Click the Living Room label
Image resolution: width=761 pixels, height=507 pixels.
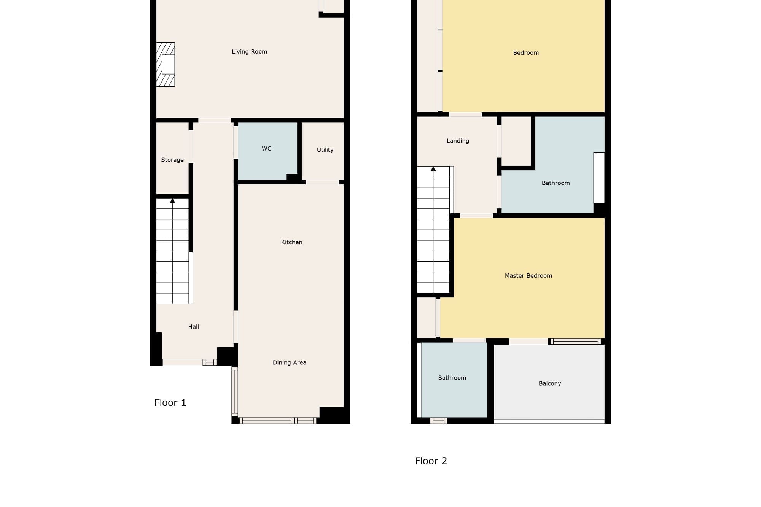pyautogui.click(x=249, y=52)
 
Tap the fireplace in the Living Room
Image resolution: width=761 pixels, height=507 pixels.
pyautogui.click(x=166, y=64)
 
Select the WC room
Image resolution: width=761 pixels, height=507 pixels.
pyautogui.click(x=267, y=151)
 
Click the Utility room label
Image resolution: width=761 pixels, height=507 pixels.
pyautogui.click(x=325, y=150)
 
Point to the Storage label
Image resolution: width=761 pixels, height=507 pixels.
pyautogui.click(x=172, y=160)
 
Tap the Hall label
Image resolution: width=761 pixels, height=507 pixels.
pyautogui.click(x=193, y=326)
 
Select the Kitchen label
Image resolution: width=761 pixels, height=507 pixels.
pyautogui.click(x=291, y=242)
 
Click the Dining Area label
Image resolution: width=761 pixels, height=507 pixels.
pyautogui.click(x=289, y=362)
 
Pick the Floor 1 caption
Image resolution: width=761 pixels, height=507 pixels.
pyautogui.click(x=170, y=402)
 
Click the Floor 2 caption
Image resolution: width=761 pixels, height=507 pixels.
pyautogui.click(x=431, y=461)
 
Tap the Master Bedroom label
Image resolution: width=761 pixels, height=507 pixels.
pyautogui.click(x=528, y=276)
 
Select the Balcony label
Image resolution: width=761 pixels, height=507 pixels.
pyautogui.click(x=550, y=383)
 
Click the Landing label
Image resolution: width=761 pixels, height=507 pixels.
pyautogui.click(x=458, y=141)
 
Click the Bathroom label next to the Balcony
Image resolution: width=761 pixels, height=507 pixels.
pyautogui.click(x=452, y=378)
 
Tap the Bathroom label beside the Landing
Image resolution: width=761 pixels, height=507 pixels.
pyautogui.click(x=556, y=183)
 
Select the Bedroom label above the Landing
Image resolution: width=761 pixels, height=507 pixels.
pyautogui.click(x=526, y=53)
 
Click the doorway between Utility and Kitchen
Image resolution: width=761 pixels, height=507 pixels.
pyautogui.click(x=322, y=182)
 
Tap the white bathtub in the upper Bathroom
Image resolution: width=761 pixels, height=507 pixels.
pyautogui.click(x=599, y=178)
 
